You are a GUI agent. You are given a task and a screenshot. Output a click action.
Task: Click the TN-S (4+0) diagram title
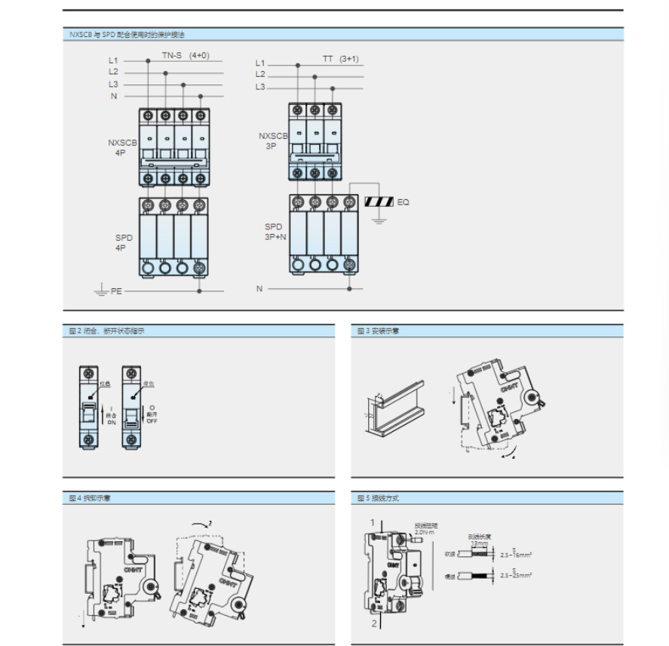coord(186,55)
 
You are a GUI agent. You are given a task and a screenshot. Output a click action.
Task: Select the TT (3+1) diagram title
coord(341,58)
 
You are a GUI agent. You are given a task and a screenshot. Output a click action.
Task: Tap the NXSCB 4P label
coord(121,147)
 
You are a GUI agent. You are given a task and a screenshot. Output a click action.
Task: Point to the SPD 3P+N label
coord(275,231)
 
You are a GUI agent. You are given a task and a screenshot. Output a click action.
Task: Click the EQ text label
coord(404,202)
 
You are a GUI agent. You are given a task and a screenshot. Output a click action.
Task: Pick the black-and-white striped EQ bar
coord(379,202)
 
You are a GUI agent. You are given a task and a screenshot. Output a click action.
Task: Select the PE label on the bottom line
coord(116,291)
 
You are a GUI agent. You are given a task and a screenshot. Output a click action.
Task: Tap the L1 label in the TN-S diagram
coord(113,60)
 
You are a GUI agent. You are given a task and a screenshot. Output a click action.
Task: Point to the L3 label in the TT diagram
coord(260,87)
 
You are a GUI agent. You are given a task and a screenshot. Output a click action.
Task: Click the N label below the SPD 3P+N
coord(259,288)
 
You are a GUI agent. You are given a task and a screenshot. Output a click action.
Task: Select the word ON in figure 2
coord(111,423)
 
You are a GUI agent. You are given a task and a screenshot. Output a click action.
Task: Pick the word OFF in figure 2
coord(152,421)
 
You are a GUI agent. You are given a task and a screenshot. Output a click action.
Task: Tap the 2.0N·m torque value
coord(426,531)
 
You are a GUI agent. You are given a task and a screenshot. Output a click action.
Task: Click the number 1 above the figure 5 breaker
coord(372,522)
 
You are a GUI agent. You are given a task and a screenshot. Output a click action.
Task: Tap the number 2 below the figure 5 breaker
coord(374,624)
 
